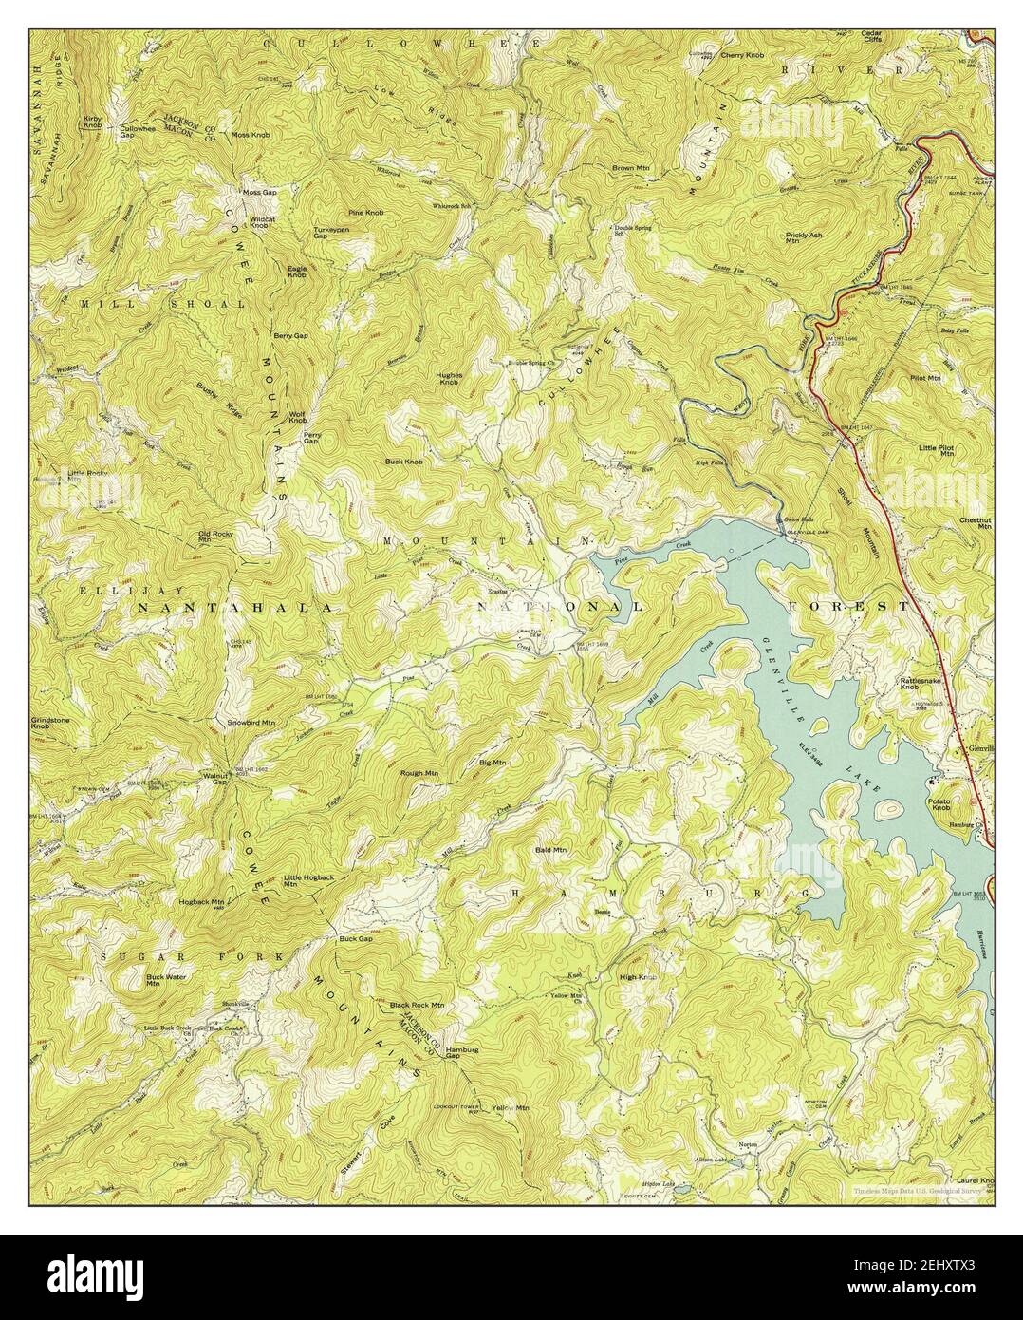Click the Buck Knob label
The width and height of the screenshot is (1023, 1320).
point(403,462)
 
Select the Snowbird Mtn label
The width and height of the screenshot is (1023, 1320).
point(251,723)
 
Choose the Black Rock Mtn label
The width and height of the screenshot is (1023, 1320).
point(417,1004)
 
